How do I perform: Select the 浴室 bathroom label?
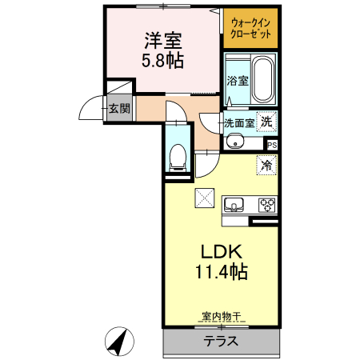[x=237, y=81]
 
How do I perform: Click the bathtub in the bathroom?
[x=262, y=81]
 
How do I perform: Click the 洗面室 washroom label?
[x=238, y=123]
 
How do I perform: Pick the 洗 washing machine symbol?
[x=268, y=122]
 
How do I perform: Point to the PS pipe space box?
[x=271, y=145]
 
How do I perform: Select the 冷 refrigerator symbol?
[x=266, y=166]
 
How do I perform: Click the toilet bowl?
[x=178, y=155]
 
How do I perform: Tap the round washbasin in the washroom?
[x=234, y=142]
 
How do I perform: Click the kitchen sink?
[x=234, y=202]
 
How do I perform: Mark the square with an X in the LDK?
[x=205, y=198]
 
